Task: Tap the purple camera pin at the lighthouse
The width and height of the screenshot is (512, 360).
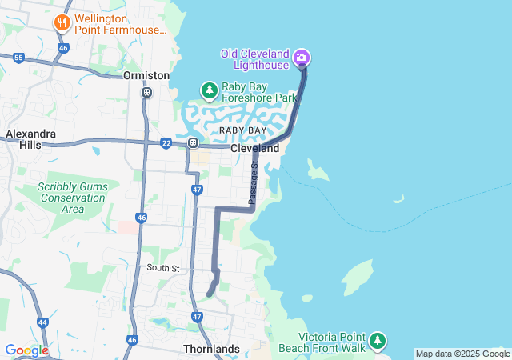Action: tap(302, 57)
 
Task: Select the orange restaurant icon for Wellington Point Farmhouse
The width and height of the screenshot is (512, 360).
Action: tap(62, 23)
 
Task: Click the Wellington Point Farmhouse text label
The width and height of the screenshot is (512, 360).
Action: tap(120, 23)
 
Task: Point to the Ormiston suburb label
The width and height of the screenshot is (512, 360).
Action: tap(146, 75)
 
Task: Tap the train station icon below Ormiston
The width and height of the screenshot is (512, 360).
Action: tap(146, 92)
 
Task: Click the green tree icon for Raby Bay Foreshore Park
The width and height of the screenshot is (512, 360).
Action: tap(209, 90)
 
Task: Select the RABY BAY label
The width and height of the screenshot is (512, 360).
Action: tap(243, 130)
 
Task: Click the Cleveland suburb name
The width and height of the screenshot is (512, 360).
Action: tap(255, 149)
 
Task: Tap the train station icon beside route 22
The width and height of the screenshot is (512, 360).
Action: tap(193, 143)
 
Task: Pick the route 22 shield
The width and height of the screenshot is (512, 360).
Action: tap(166, 143)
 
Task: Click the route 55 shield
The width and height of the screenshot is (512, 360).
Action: tap(18, 58)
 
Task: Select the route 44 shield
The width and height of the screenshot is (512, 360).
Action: tap(42, 322)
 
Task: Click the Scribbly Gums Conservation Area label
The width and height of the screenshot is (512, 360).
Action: tap(72, 198)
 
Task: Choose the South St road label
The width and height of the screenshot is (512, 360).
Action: tap(163, 268)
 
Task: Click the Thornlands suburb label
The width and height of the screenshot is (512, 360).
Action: tap(211, 350)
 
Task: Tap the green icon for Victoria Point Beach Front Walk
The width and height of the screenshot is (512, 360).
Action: tap(377, 342)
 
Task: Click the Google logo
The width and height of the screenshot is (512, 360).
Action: tap(26, 350)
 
